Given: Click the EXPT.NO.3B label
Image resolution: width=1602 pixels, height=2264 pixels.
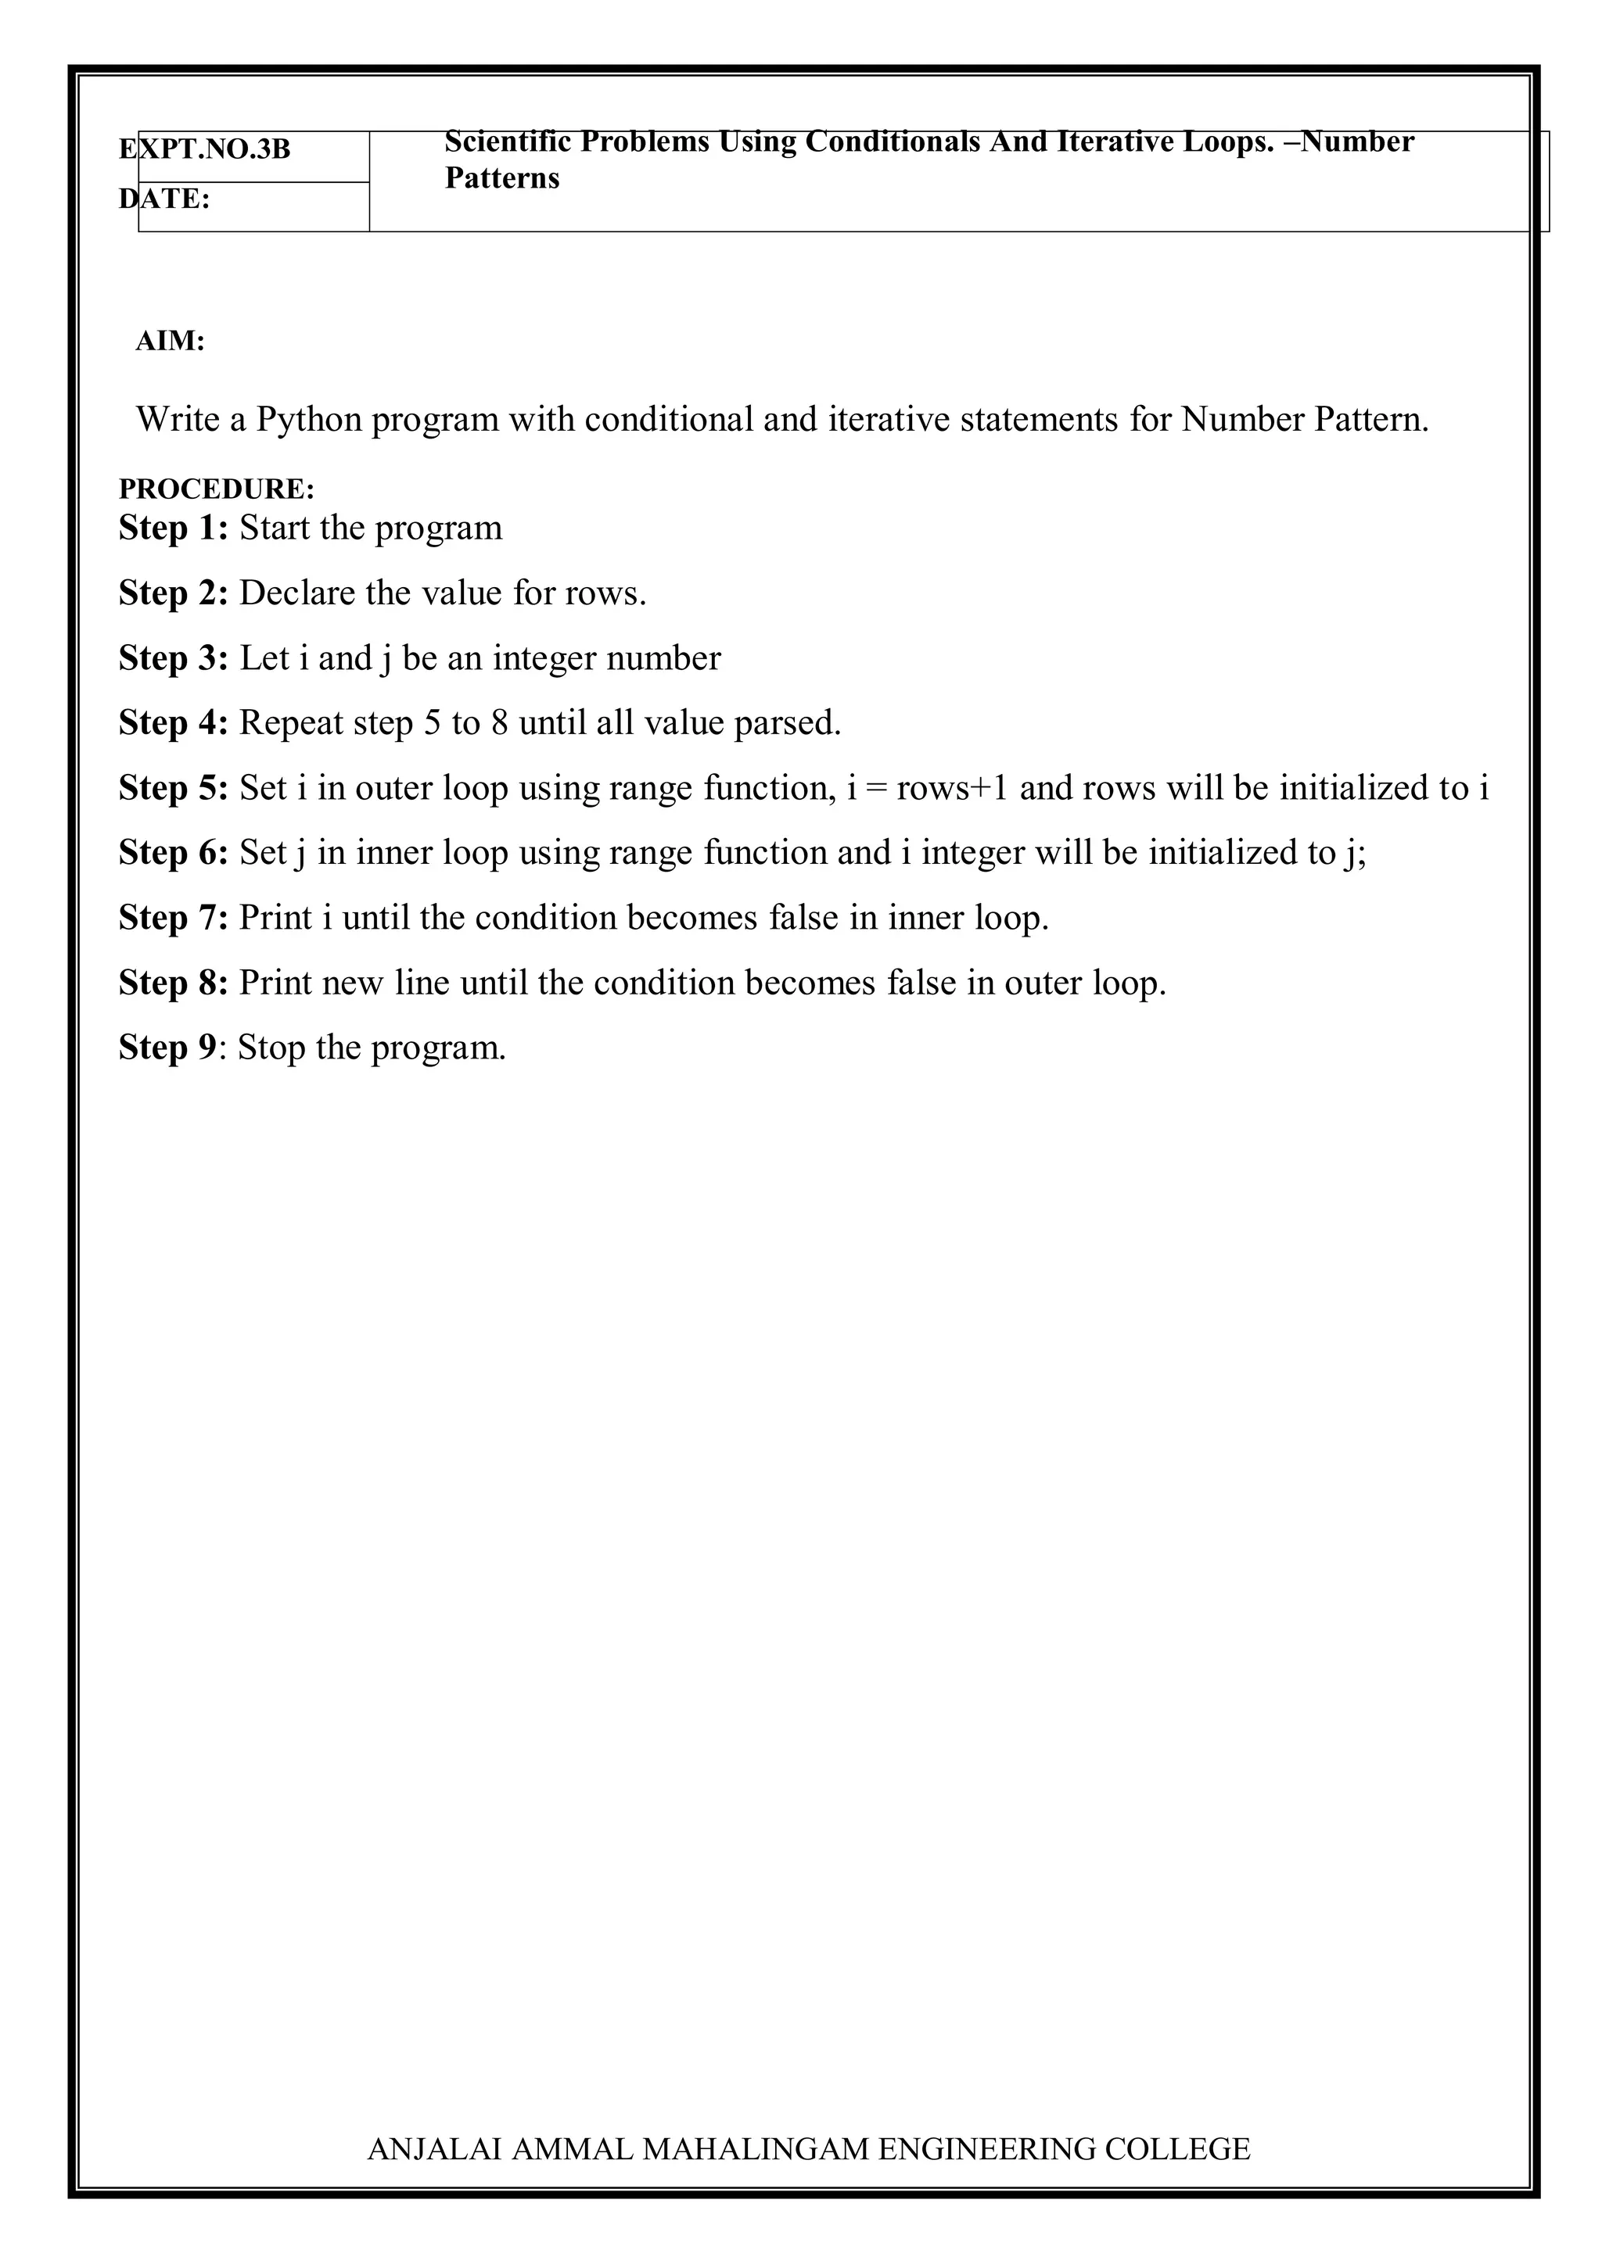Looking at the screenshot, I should click(x=205, y=150).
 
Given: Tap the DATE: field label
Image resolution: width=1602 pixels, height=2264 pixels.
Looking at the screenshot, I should click(x=165, y=199).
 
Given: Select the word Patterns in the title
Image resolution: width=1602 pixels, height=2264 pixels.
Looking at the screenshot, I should click(x=502, y=178).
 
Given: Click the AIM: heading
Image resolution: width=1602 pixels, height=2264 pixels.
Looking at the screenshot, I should click(x=171, y=342).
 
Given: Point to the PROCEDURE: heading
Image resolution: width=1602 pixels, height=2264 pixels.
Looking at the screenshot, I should click(x=217, y=489).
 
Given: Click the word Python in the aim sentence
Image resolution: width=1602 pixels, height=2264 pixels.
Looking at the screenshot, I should click(x=310, y=420).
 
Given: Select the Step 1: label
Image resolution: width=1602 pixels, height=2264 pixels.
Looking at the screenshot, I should click(x=174, y=528).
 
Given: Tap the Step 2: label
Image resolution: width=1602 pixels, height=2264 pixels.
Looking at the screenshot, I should click(x=174, y=593).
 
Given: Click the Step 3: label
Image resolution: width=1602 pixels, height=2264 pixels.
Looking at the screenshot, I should click(x=174, y=659).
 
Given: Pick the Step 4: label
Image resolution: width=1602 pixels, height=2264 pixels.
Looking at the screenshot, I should click(x=174, y=724).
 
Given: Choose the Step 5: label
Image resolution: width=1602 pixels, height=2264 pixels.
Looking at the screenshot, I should click(x=174, y=789).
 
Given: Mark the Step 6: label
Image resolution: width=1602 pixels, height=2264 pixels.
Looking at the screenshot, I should click(x=174, y=853).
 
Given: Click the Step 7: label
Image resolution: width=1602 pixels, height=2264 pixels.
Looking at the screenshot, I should click(x=174, y=918).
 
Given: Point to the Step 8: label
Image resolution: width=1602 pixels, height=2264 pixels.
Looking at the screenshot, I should click(x=174, y=983).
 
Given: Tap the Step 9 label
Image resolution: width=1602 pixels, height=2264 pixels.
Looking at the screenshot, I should click(x=167, y=1048).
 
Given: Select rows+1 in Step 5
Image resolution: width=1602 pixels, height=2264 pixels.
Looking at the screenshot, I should click(x=952, y=789).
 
